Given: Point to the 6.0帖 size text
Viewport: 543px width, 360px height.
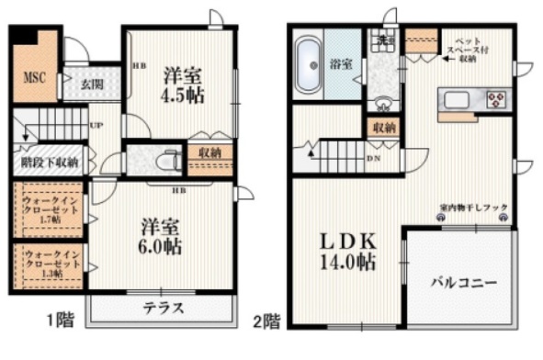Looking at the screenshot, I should tap(161, 246).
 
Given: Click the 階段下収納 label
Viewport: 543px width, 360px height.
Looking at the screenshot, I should tap(50, 163).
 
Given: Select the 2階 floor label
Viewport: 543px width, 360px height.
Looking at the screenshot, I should tap(266, 321).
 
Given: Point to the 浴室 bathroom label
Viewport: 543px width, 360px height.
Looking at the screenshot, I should tap(341, 64).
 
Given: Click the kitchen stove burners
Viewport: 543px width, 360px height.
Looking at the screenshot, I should tap(496, 98).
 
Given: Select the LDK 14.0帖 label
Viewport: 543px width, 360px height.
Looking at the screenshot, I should tap(346, 251).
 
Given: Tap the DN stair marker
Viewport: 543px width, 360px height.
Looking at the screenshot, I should tap(374, 158).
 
